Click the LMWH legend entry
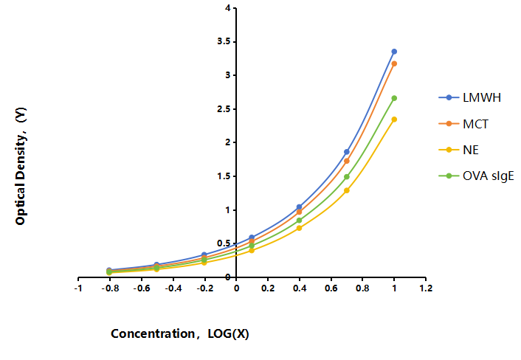[470, 97]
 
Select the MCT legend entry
[463, 124]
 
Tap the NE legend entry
[459, 150]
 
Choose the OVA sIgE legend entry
[476, 176]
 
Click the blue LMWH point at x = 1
[394, 52]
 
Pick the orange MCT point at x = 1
[394, 63]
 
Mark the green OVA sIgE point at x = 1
[394, 98]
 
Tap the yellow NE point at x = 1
[394, 120]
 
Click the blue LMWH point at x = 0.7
[347, 152]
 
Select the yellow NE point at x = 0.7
[347, 190]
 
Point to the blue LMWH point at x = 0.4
[299, 207]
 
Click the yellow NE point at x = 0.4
[299, 228]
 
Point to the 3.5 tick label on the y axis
[224, 41]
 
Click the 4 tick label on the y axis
[227, 7]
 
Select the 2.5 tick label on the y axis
[224, 109]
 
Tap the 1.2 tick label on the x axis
[426, 288]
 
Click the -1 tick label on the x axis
[78, 288]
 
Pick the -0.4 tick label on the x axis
[173, 288]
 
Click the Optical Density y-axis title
[20, 166]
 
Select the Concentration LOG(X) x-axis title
[180, 333]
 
